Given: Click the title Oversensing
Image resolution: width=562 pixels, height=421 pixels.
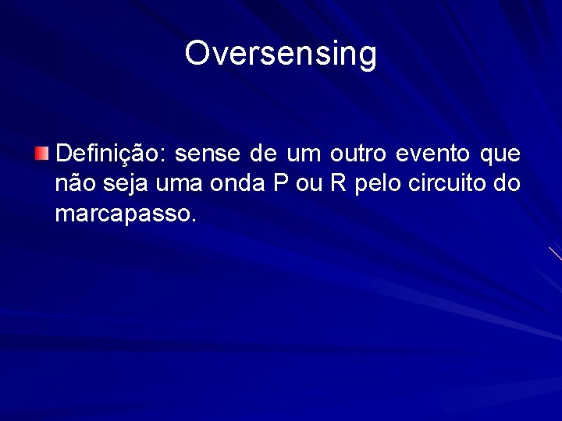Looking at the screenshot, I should click(x=281, y=53).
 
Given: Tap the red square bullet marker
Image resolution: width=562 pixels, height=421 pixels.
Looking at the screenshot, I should click(x=41, y=152).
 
